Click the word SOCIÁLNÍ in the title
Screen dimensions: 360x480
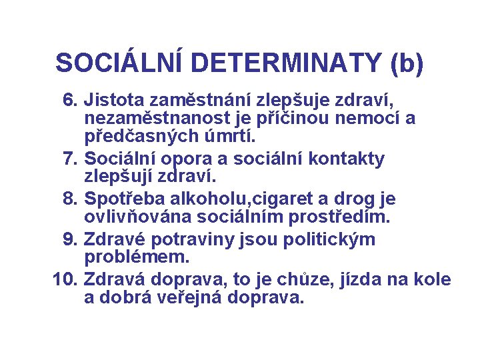122,63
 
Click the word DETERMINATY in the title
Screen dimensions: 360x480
289,63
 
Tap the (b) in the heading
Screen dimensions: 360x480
403,63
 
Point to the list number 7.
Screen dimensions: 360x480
70,159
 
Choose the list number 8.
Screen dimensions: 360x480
70,199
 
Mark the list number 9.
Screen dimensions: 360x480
70,239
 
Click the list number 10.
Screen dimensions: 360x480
65,279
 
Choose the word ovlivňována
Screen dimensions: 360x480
136,217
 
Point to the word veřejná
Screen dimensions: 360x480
192,297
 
